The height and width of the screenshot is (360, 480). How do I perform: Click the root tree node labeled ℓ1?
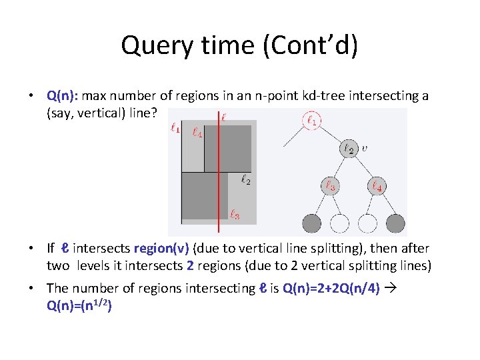[311, 121]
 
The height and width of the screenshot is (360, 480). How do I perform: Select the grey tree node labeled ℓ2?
[349, 149]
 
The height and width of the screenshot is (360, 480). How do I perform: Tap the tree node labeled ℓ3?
[330, 186]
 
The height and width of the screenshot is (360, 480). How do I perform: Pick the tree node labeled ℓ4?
[377, 186]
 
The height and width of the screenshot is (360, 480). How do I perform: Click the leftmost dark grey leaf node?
[311, 223]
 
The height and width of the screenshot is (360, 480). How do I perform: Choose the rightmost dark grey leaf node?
[395, 223]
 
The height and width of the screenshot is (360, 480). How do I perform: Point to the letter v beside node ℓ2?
[363, 148]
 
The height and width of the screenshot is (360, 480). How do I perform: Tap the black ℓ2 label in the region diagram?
[245, 179]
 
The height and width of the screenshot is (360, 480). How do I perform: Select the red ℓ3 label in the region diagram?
[234, 215]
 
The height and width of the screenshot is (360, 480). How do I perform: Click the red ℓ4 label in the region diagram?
[197, 132]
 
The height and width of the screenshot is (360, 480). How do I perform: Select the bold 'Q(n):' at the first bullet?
[63, 96]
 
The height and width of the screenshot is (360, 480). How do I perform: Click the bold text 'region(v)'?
[162, 249]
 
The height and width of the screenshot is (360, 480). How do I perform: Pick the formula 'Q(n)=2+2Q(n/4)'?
[331, 289]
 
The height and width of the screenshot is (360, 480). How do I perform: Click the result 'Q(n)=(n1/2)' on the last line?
[78, 307]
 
